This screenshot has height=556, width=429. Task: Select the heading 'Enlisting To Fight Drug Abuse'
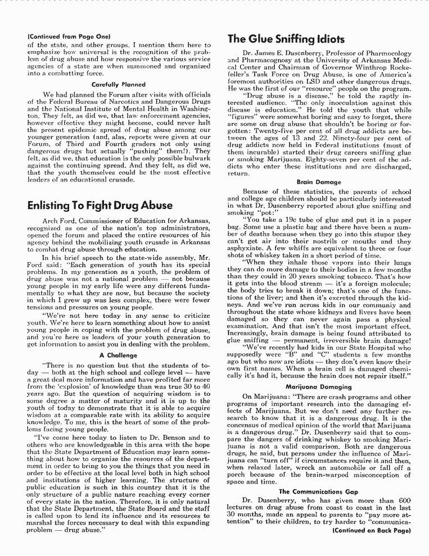click(100, 206)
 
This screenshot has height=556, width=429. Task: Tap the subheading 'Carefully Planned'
click(118, 84)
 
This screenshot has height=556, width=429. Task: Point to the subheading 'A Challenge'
click(118, 355)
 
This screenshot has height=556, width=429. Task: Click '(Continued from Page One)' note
click(65, 37)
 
